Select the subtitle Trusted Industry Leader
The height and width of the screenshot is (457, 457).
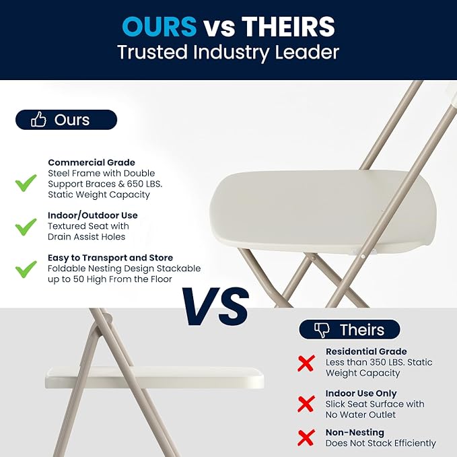click(228, 52)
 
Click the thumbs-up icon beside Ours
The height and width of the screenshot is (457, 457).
click(39, 120)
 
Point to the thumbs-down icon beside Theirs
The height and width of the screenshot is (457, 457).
click(322, 330)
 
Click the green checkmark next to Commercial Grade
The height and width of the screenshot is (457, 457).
click(26, 182)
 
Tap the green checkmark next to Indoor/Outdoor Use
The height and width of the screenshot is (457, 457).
click(26, 227)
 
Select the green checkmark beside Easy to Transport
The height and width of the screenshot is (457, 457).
click(26, 269)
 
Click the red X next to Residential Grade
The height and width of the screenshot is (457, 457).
click(306, 363)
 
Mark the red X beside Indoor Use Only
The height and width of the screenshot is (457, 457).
click(306, 405)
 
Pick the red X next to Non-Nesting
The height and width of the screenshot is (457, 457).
click(306, 439)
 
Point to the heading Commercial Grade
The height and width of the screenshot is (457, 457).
click(92, 162)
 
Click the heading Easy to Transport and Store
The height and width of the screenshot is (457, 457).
click(110, 258)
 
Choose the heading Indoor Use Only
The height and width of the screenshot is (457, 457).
click(361, 393)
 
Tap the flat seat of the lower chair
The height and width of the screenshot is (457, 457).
click(154, 377)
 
